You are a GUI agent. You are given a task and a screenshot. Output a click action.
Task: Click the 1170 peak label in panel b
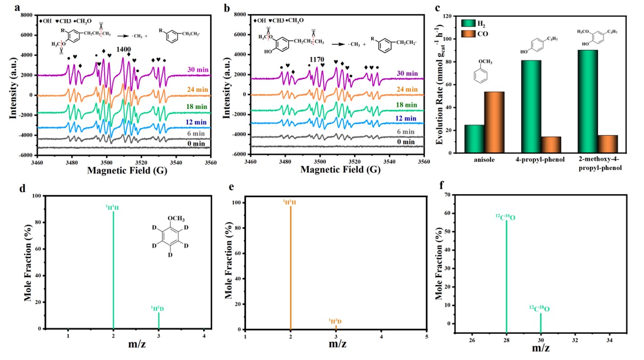pyautogui.click(x=317, y=59)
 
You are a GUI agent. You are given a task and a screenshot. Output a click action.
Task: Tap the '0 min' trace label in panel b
pyautogui.click(x=407, y=142)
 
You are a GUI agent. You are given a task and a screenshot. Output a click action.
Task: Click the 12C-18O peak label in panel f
pyautogui.click(x=539, y=309)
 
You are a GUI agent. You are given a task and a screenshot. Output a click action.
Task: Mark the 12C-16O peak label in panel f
pyautogui.click(x=505, y=218)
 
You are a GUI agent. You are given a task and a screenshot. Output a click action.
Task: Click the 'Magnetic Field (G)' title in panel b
pyautogui.click(x=338, y=171)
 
